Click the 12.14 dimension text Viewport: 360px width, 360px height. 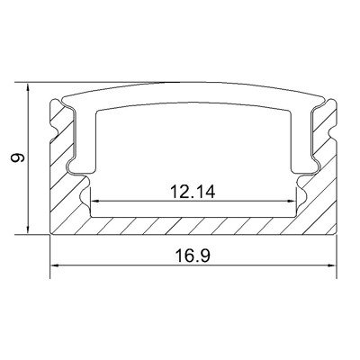click(193, 192)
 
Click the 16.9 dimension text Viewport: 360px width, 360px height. click(193, 256)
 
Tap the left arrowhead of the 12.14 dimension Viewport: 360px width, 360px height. click(95, 202)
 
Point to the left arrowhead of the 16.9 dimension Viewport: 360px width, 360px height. click(55, 265)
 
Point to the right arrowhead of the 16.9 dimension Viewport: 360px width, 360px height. click(332, 265)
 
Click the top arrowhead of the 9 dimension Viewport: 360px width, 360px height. click(28, 87)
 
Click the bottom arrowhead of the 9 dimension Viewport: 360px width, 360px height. click(28, 229)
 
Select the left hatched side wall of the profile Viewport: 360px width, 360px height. click(61, 168)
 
